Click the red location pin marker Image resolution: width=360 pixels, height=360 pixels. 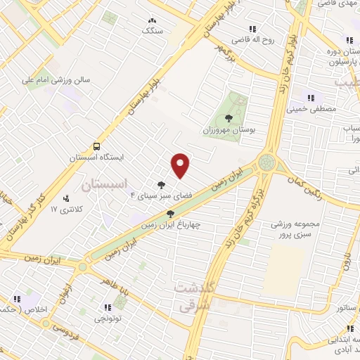181,165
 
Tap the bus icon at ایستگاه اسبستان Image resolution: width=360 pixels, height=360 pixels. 96,147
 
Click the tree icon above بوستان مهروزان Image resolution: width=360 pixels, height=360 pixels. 228,118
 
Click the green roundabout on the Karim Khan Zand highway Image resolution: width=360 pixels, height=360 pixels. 267,163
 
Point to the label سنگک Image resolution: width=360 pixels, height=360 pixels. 152,31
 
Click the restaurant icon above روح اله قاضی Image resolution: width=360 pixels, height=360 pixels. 250,29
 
